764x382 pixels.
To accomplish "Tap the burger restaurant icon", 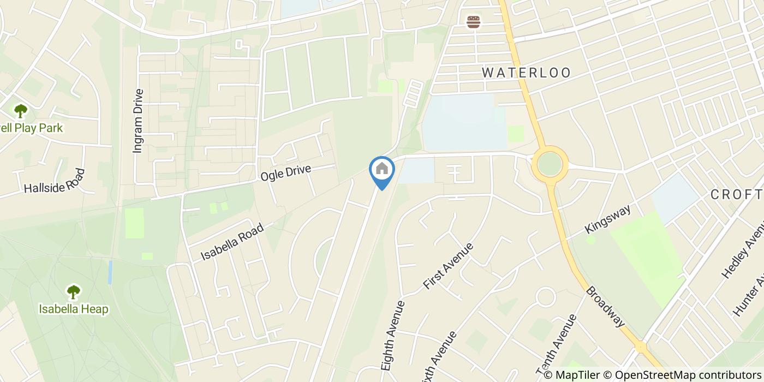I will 473,22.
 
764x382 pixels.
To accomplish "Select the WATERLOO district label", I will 527,73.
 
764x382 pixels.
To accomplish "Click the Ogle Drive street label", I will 285,174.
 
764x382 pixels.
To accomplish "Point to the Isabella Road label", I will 232,242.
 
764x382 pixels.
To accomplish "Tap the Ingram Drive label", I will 138,121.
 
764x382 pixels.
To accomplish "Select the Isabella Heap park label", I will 74,309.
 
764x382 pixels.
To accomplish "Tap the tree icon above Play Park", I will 21,111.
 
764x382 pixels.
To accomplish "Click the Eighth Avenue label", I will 393,336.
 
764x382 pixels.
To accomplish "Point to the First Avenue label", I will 449,266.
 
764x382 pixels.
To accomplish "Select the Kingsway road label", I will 607,219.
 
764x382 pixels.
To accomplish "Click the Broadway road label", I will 605,307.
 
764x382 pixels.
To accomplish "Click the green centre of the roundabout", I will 550,164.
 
